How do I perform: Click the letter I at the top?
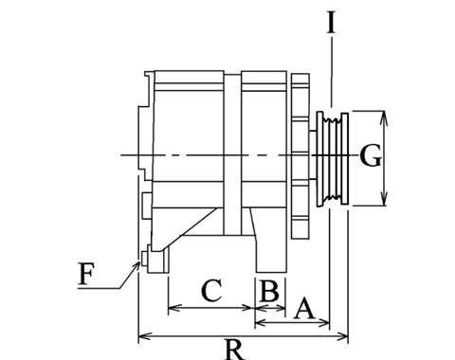pyautogui.click(x=331, y=23)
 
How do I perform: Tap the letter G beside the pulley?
pyautogui.click(x=371, y=155)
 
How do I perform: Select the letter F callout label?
pyautogui.click(x=86, y=274)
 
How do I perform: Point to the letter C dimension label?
pyautogui.click(x=211, y=290)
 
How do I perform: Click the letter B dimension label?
pyautogui.click(x=269, y=291)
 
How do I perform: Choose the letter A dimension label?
pyautogui.click(x=304, y=308)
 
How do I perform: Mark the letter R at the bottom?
pyautogui.click(x=235, y=350)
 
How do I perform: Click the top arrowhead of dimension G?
pyautogui.click(x=384, y=116)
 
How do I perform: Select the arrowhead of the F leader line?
pyautogui.click(x=137, y=265)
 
